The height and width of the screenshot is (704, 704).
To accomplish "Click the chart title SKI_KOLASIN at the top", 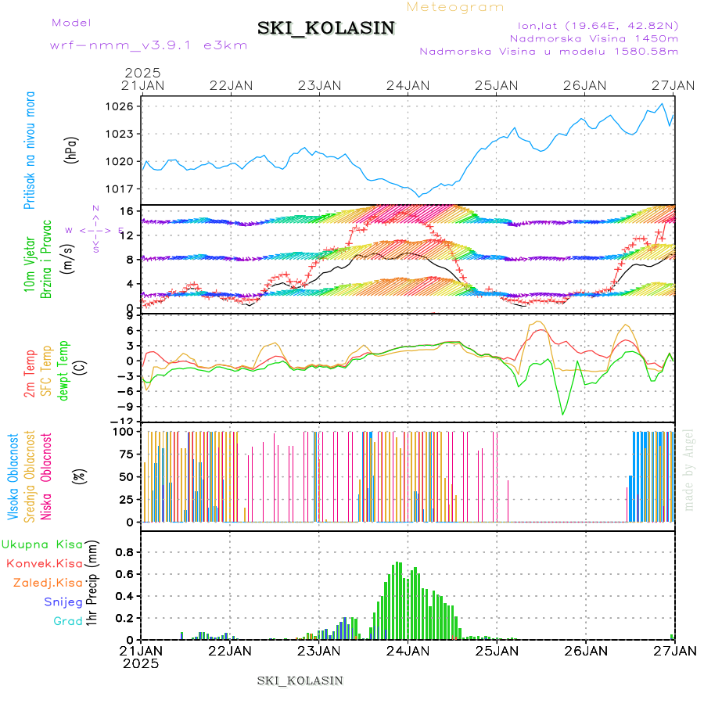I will tap(326, 28).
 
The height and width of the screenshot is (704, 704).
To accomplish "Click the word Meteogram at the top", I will tap(455, 7).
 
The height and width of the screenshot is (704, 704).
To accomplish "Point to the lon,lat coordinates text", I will tap(593, 24).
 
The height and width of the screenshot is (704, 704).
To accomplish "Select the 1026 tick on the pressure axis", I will tap(125, 106).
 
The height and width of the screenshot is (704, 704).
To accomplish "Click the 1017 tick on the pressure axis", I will tap(125, 189).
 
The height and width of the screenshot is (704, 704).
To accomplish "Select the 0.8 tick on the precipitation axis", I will tap(125, 551).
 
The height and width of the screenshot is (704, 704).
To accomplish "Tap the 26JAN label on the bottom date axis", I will tap(585, 650).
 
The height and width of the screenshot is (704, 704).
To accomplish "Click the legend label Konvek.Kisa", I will tap(44, 562).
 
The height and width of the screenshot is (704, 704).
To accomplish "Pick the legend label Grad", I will tap(68, 621).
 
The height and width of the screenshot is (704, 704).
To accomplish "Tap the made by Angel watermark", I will tap(689, 469).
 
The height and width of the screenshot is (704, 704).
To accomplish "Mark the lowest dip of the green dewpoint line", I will tap(562, 414).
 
